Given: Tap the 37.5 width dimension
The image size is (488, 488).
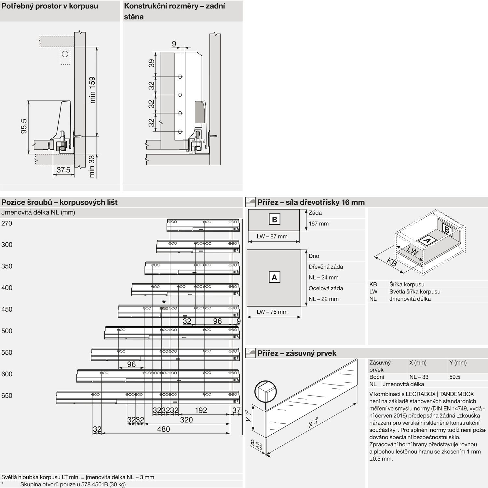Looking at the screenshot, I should [x=63, y=170].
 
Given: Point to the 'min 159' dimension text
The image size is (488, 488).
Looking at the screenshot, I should [x=92, y=90].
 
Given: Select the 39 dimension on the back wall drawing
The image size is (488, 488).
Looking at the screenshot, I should [x=152, y=64].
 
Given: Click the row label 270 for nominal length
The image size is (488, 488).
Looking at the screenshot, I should [x=7, y=223].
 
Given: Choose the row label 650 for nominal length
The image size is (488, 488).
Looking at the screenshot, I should [x=7, y=396].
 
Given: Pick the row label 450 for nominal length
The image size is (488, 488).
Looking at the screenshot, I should [x=7, y=309].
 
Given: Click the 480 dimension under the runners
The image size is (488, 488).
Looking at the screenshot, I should [x=163, y=429].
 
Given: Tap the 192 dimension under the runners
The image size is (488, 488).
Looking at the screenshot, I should [x=201, y=410].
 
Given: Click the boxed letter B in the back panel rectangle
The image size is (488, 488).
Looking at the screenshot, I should [x=274, y=220].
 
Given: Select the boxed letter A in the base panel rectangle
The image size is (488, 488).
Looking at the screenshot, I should [x=274, y=277].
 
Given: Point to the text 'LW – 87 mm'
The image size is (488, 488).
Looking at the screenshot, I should [x=272, y=237].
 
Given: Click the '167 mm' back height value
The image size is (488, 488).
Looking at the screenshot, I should [x=319, y=224].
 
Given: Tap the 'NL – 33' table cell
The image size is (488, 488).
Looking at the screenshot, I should [x=419, y=377].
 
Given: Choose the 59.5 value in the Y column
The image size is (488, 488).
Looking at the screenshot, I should [x=454, y=377].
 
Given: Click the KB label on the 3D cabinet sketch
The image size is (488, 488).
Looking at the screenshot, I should [x=392, y=262].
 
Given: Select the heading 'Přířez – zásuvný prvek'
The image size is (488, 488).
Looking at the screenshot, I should [x=297, y=353].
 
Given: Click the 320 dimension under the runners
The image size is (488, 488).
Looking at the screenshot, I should [x=186, y=420].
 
